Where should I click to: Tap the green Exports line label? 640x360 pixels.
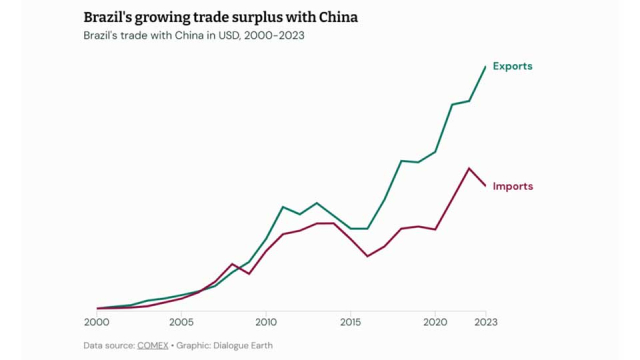pos(513,66)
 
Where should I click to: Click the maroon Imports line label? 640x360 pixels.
pos(513,186)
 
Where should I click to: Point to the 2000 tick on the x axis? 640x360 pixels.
pos(97,322)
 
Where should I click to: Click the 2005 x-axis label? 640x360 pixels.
pos(181,322)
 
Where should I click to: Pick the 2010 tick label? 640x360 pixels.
pos(266,322)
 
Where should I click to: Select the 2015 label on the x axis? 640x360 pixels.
pos(351,322)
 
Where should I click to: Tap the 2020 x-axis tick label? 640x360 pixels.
pos(435,322)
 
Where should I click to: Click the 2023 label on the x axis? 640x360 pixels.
pos(486,322)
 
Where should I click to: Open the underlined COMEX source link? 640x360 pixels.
pos(152,346)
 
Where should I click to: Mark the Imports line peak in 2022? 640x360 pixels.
pos(469,168)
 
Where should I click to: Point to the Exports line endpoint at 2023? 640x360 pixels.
pos(486,66)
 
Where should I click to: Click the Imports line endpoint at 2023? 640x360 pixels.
pos(486,186)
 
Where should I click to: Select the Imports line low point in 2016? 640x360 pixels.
pos(368,256)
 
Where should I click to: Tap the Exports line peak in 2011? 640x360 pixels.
pos(283,207)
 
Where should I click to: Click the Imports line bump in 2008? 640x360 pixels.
pos(232,264)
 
